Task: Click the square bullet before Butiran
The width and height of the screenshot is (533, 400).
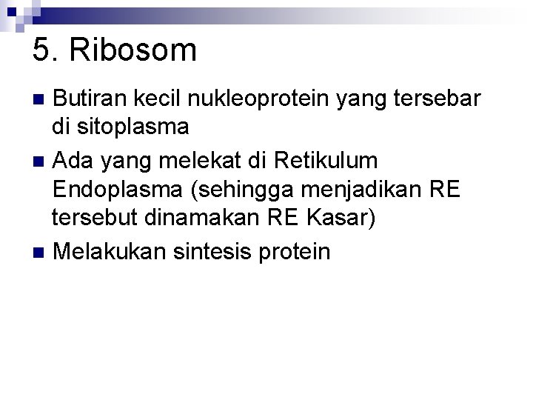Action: [41, 99]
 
